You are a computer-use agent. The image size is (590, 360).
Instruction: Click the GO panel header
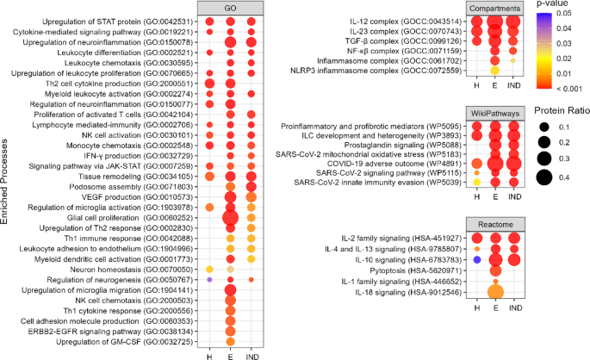tap(229, 8)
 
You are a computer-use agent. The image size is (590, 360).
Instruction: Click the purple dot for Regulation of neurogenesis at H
tap(209, 280)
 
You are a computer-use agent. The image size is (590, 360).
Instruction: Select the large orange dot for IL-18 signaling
tap(495, 292)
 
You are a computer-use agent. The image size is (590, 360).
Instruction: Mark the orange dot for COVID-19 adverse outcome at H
tap(476, 163)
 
